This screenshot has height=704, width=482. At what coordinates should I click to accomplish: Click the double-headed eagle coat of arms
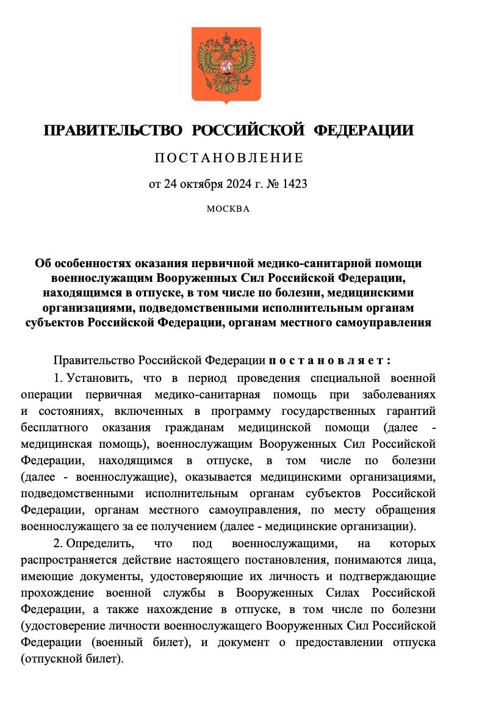(x=226, y=65)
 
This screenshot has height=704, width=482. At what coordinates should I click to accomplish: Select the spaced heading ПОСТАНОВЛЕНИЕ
(x=228, y=159)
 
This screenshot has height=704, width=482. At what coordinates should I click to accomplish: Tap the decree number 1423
(x=294, y=184)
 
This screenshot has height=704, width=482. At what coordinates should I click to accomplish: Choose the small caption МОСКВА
(x=228, y=209)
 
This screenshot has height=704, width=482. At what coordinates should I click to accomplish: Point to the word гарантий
(x=410, y=409)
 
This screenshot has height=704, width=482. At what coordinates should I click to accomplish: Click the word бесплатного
(x=56, y=425)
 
